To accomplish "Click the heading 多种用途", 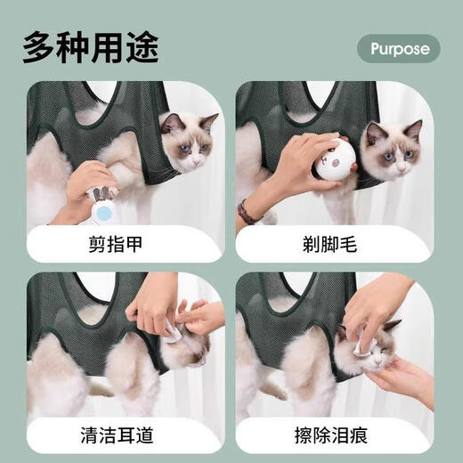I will click(x=91, y=45).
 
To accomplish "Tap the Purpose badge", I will click(x=399, y=47).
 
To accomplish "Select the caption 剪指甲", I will click(x=126, y=242).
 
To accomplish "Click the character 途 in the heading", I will click(x=141, y=45).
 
